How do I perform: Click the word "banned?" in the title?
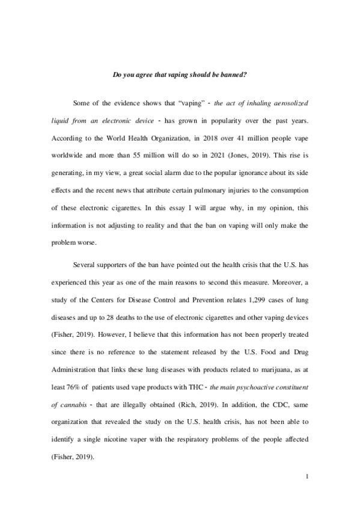pos(233,75)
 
